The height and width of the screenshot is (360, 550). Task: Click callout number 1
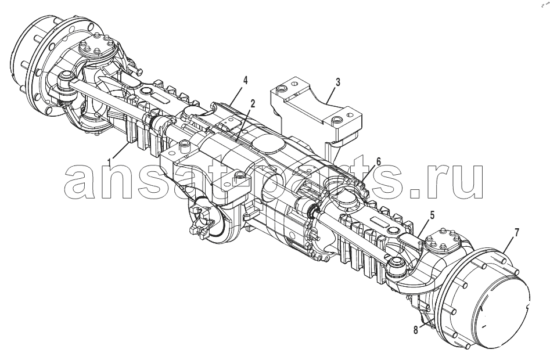(x=110, y=163)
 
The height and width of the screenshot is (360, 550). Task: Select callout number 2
(x=253, y=104)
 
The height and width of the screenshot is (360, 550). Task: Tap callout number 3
(x=337, y=82)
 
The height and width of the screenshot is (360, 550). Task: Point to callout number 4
(x=245, y=81)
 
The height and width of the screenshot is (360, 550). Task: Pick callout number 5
(x=432, y=215)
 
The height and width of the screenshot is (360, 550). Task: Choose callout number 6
(x=379, y=161)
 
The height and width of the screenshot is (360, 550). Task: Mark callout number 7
(x=517, y=232)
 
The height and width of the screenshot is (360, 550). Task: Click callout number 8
(x=416, y=330)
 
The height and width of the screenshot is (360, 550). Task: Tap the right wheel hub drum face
(x=502, y=308)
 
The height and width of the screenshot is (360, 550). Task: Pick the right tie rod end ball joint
(x=396, y=265)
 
